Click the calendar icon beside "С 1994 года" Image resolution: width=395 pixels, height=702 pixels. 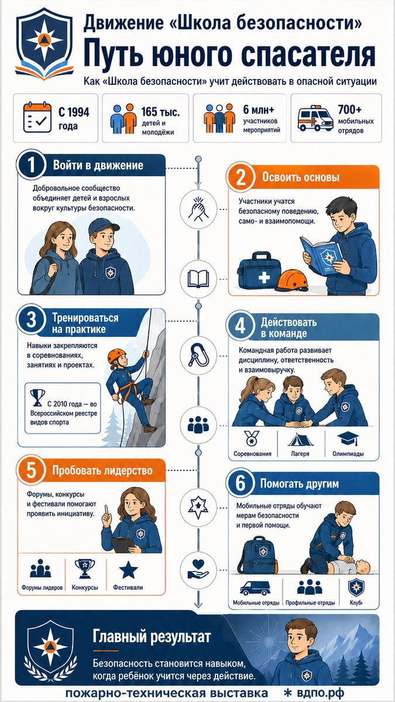coord(37,117)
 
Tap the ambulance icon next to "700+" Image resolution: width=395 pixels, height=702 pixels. coord(315,118)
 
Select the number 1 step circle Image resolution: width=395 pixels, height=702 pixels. coord(32,165)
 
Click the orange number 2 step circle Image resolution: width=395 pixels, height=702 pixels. coord(241,178)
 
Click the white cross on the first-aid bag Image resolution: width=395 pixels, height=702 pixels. coord(264,277)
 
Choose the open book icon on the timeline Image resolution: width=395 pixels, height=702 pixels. coord(198,278)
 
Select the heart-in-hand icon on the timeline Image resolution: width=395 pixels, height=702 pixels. coord(198,569)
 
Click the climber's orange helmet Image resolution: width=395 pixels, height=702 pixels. coord(116,356)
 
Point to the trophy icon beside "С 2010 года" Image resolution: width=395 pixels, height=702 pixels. coord(37,398)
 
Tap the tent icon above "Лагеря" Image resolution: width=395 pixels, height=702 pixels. coord(300,439)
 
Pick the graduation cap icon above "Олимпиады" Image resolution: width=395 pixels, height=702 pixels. coord(348,438)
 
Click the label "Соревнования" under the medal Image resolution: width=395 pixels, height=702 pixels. coord(252,454)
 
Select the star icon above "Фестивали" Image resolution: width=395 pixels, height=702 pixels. coord(128,570)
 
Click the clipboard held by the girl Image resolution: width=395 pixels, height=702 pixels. coord(122,545)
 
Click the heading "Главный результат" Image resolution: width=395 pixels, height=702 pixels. coord(152,636)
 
